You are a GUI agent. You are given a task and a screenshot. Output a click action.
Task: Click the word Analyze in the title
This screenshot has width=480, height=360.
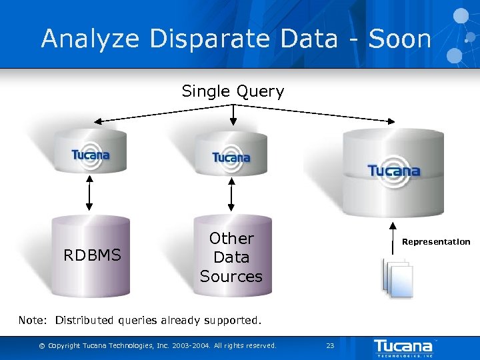pyautogui.click(x=91, y=39)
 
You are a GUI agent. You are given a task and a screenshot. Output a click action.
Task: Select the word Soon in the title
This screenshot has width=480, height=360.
pyautogui.click(x=400, y=39)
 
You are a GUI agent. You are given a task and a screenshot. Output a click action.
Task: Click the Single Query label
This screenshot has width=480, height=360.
pyautogui.click(x=233, y=91)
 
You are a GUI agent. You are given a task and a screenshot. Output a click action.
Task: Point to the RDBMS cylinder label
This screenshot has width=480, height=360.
pyautogui.click(x=92, y=255)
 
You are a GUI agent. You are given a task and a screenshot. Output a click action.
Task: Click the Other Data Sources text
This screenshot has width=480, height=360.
pyautogui.click(x=231, y=257)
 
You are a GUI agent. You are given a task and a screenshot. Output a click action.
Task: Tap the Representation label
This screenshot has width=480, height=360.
pyautogui.click(x=436, y=242)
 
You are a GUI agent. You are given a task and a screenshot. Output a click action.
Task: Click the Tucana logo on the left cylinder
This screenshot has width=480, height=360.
pyautogui.click(x=91, y=155)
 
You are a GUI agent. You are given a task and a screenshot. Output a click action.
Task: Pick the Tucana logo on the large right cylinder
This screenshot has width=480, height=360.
pyautogui.click(x=394, y=170)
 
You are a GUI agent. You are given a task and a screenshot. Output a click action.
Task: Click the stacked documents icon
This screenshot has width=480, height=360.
pyautogui.click(x=398, y=277)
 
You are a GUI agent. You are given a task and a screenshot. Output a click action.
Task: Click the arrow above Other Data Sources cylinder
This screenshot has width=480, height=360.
pyautogui.click(x=231, y=197)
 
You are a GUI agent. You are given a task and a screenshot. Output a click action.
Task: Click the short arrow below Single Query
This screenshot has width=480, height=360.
pyautogui.click(x=233, y=115)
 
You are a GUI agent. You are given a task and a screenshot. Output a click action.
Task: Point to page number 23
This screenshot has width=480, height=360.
pyautogui.click(x=329, y=345)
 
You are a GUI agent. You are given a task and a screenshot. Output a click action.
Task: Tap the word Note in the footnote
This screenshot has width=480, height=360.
pyautogui.click(x=31, y=320)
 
